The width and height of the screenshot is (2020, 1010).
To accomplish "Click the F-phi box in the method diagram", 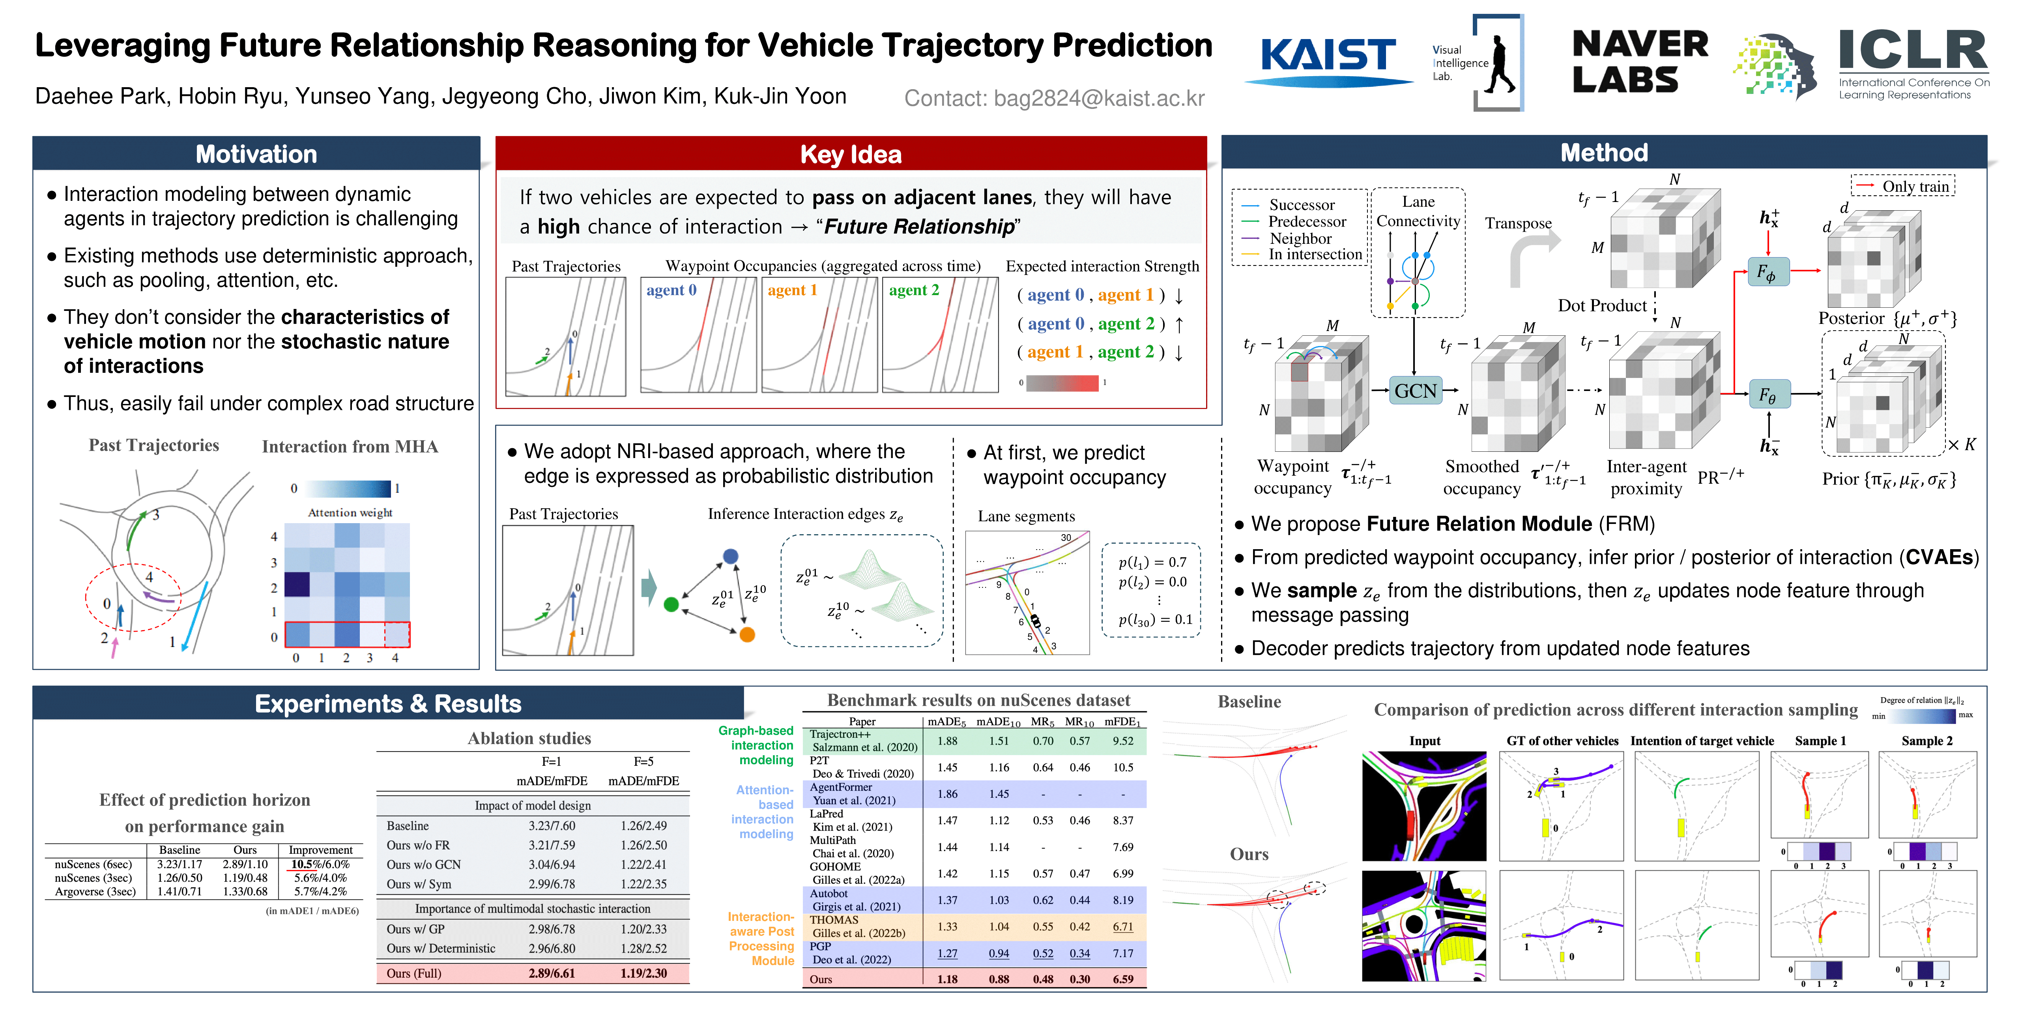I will click(1767, 272).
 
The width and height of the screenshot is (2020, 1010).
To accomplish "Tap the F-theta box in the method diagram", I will click(1767, 395).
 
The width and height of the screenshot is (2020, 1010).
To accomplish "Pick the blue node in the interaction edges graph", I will click(730, 556).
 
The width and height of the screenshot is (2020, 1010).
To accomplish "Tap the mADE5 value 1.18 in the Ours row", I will click(947, 978).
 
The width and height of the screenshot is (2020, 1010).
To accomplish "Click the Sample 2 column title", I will click(1926, 740).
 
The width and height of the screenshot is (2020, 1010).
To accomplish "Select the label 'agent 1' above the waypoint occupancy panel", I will click(792, 290).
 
